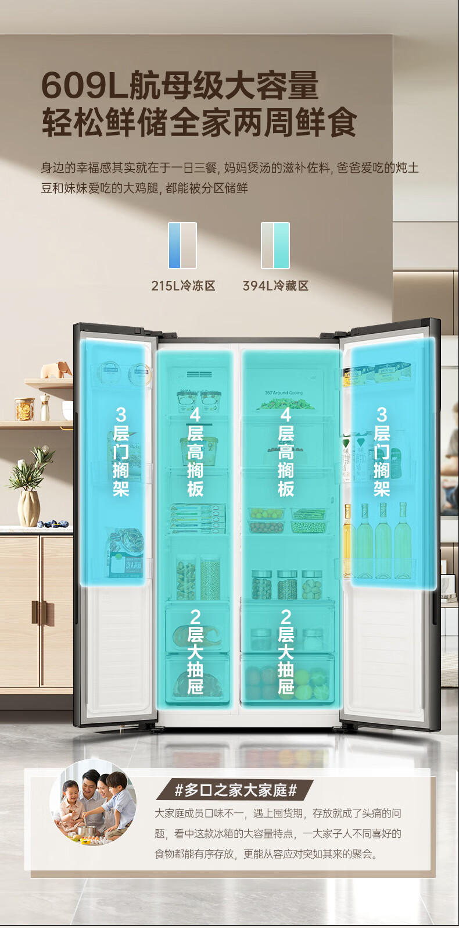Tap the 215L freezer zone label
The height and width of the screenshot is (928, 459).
[x=183, y=285]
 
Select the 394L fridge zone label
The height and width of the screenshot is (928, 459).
[x=275, y=285]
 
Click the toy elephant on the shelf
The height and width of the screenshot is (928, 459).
[x=56, y=369]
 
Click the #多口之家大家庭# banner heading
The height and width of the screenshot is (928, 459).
[x=235, y=790]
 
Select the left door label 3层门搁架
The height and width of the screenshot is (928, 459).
[x=121, y=451]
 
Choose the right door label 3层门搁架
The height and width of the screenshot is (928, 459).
[x=381, y=451]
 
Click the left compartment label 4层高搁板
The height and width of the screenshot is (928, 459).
[x=195, y=451]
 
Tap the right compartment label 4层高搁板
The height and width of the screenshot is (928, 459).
[x=285, y=451]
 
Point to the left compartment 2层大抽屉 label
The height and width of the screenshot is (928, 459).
[x=195, y=652]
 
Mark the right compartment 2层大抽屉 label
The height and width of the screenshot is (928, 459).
[x=285, y=652]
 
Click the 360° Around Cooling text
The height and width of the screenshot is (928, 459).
[x=284, y=393]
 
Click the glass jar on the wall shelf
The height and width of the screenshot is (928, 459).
[x=24, y=409]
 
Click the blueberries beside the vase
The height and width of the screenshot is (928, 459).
[x=53, y=524]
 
